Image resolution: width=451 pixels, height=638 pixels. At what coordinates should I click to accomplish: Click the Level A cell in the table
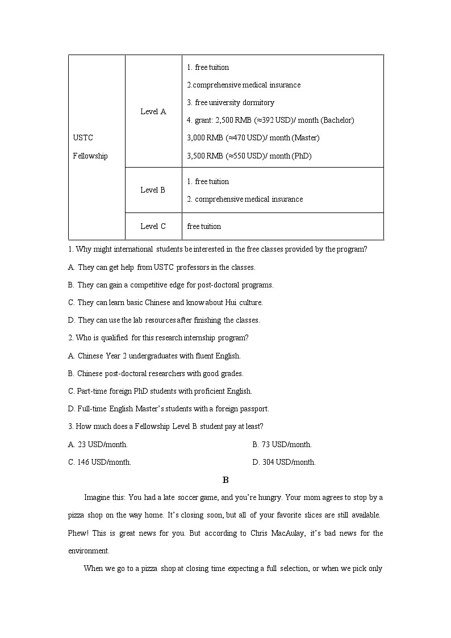point(153,111)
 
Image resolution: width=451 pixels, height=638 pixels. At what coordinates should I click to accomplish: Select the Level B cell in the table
point(153,190)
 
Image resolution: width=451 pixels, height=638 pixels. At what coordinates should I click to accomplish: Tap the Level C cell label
point(153,226)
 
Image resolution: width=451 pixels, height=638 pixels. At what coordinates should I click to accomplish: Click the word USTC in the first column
point(83,137)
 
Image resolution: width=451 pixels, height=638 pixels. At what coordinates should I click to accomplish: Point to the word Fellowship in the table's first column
point(90,156)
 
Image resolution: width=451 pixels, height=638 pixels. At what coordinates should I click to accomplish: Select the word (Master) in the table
point(306,137)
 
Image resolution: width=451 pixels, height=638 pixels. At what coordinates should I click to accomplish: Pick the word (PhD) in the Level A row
point(301,156)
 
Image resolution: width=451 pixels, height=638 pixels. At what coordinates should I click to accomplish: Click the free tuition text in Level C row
point(204,226)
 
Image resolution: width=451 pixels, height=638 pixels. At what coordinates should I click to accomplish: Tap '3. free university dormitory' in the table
point(231,102)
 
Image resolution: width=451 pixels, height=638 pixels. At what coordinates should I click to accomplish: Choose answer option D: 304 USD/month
point(284,462)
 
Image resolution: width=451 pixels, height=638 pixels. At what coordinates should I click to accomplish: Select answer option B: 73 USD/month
point(282,444)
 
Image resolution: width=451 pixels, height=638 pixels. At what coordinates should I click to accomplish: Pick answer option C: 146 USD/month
point(99,462)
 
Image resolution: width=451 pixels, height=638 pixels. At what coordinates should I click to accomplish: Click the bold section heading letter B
point(225,480)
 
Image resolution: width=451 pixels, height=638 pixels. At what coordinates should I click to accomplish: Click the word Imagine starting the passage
point(97,497)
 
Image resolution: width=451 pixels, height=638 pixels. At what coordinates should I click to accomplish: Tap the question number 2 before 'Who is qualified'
point(70,337)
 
